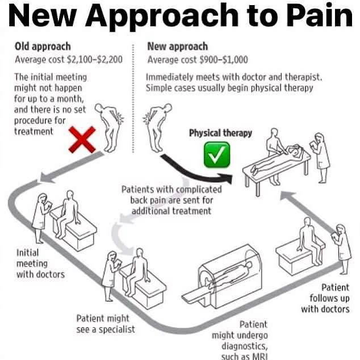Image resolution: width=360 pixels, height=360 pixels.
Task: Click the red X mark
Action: coord(82,140)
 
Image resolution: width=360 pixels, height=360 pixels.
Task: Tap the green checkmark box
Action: coord(217,154)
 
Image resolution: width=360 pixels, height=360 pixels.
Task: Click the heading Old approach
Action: coord(43,47)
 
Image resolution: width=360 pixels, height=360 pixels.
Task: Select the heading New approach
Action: coord(178,47)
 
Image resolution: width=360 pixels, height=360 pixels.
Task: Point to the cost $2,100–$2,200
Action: coord(95,60)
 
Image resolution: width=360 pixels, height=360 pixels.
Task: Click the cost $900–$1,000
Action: coord(224,60)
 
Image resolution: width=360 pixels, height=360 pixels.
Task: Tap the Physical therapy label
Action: coord(220,133)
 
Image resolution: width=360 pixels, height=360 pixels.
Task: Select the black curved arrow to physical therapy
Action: coord(191,174)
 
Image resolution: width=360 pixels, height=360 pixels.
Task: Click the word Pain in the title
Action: coord(319,16)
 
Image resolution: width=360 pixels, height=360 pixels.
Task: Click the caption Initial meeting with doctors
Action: coord(40,263)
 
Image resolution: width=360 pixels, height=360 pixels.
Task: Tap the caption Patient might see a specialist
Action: coord(106,324)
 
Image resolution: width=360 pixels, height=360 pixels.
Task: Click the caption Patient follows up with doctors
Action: coord(325,298)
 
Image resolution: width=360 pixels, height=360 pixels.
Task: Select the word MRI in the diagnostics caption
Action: coord(260,356)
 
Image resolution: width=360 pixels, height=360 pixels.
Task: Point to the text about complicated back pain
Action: coord(171,200)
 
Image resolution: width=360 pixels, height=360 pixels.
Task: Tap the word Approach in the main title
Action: coord(162,16)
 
